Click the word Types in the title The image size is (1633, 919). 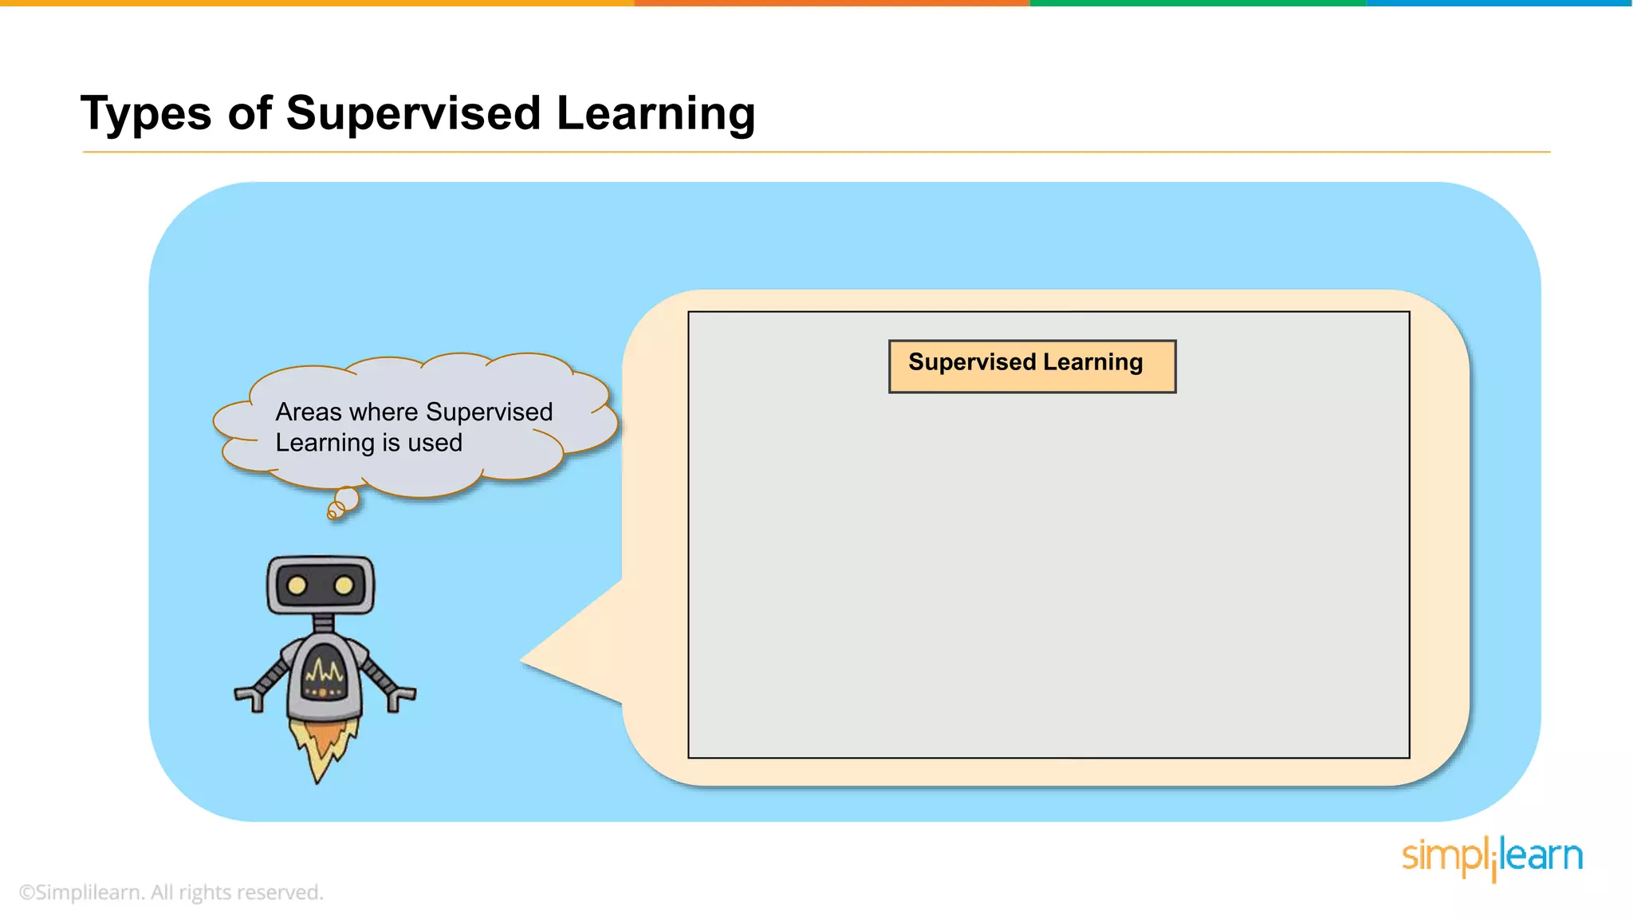(x=146, y=114)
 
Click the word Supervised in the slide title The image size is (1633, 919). (x=413, y=112)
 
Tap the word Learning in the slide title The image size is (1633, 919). (x=655, y=114)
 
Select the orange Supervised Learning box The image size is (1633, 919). (x=1032, y=366)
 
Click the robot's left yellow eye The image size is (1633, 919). (x=297, y=586)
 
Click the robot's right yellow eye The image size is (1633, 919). (x=344, y=586)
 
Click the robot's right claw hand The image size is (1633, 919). (x=399, y=697)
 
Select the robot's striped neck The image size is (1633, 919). (x=323, y=623)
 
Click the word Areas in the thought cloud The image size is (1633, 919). (x=309, y=412)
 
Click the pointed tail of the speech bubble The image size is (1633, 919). (x=542, y=661)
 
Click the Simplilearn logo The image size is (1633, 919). (x=1492, y=858)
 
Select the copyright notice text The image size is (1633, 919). (x=171, y=893)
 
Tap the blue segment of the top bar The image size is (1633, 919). (x=1499, y=3)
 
